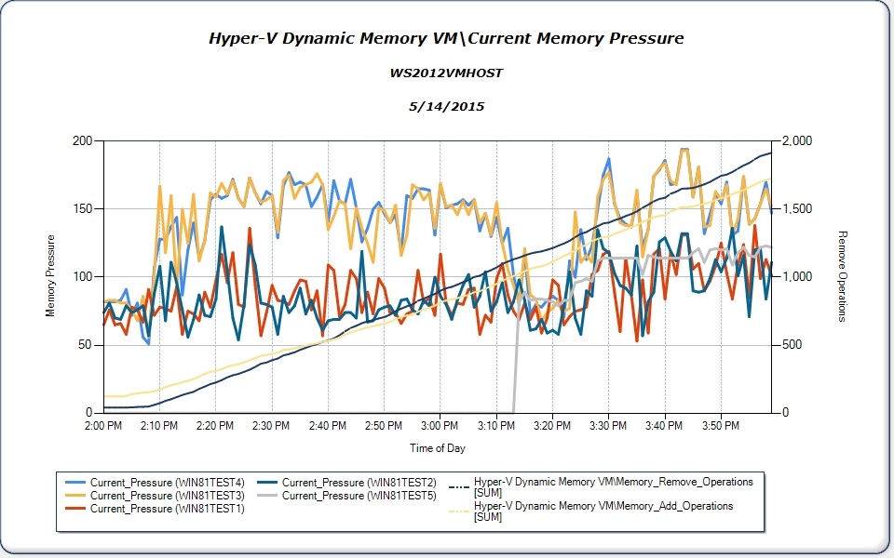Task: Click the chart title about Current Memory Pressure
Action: (x=446, y=38)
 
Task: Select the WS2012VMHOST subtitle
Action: (x=446, y=73)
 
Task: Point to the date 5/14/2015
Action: (x=446, y=107)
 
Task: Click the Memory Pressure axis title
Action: (x=50, y=276)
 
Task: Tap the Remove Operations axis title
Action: (x=842, y=276)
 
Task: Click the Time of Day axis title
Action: (x=438, y=448)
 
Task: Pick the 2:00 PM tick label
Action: (x=102, y=426)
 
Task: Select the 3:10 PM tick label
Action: (x=495, y=426)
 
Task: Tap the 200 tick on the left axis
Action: (x=84, y=140)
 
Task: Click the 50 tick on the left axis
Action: (x=87, y=345)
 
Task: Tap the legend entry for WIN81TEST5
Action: (x=359, y=495)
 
